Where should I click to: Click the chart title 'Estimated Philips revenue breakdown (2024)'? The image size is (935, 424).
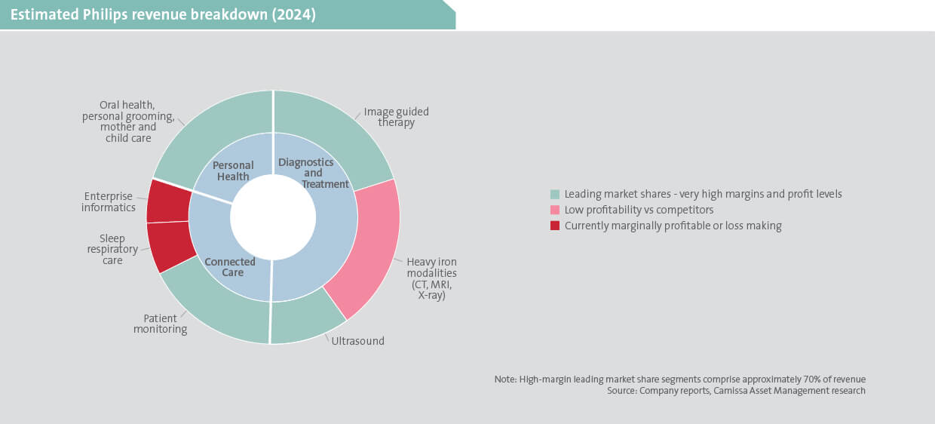[164, 15]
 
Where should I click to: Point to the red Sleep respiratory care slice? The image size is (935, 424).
[170, 247]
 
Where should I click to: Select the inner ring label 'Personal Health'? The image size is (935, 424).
[232, 171]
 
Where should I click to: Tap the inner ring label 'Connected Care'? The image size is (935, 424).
[230, 267]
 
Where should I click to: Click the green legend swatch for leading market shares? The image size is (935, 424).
[556, 194]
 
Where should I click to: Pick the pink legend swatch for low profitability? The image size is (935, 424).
[556, 210]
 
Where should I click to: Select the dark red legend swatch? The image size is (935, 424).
[556, 226]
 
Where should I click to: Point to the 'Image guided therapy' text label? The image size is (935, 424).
[396, 117]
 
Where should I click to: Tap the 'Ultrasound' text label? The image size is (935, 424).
[358, 341]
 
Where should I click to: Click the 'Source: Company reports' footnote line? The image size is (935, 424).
[736, 391]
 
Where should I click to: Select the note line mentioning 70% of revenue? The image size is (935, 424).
[679, 379]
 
